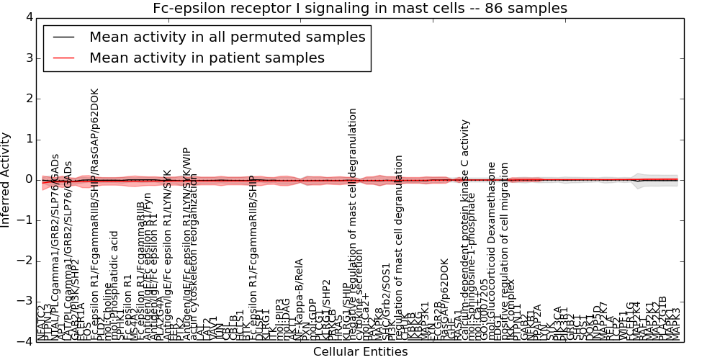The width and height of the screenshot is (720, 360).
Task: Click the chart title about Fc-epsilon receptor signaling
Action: point(360,9)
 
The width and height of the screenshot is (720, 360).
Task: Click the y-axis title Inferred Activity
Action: point(6,180)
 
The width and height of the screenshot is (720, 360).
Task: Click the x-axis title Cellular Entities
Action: point(360,352)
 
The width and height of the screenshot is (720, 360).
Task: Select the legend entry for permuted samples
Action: point(227,37)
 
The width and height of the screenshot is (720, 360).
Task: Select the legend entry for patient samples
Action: point(207,58)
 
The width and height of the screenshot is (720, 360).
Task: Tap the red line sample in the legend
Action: point(64,58)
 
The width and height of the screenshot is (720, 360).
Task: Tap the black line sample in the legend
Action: point(64,37)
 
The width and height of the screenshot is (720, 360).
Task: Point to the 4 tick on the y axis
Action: point(27,17)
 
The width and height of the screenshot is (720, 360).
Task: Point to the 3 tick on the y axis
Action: point(27,58)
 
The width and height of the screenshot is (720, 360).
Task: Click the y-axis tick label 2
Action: point(27,99)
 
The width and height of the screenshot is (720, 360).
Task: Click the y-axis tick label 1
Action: point(27,139)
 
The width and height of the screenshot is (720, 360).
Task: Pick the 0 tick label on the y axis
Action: point(27,180)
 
